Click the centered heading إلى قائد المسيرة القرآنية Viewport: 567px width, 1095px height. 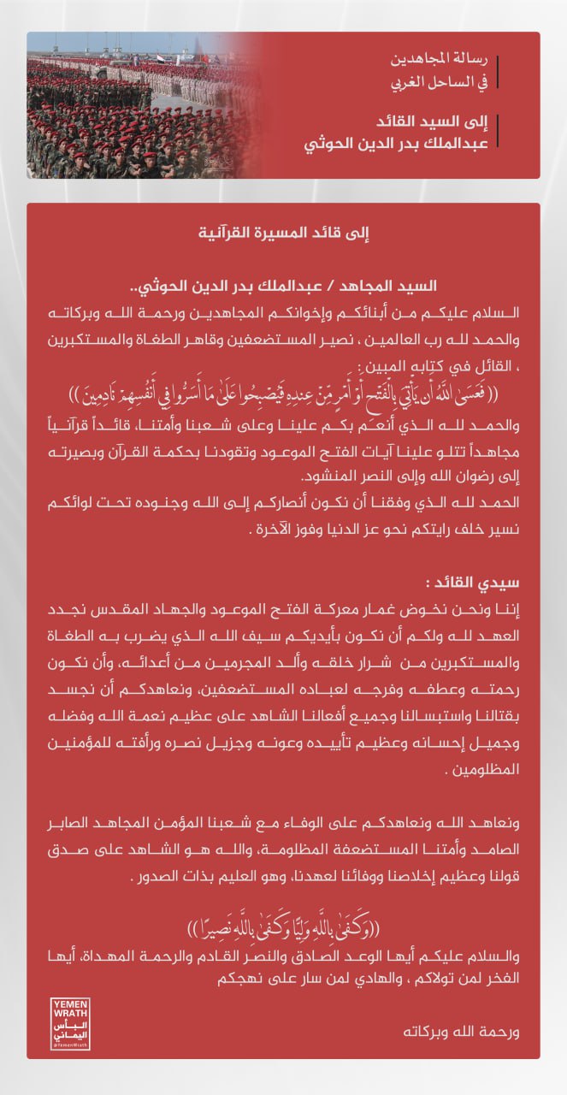[283, 231]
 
